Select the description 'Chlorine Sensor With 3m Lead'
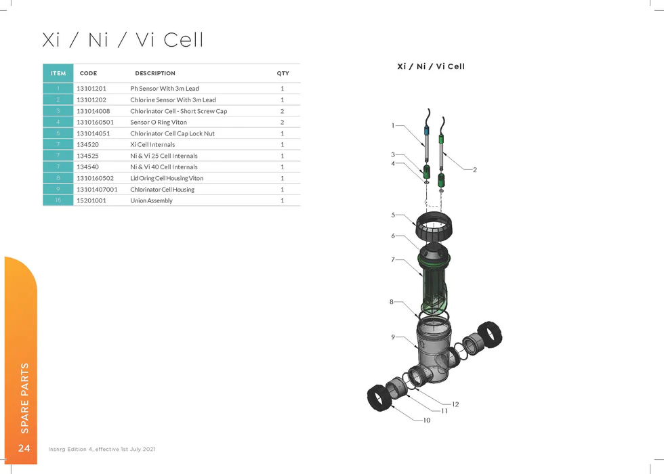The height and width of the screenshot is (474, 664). click(173, 100)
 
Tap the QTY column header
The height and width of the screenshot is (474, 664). click(283, 73)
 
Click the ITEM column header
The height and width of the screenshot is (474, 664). click(58, 73)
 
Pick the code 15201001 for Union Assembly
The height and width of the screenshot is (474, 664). click(91, 200)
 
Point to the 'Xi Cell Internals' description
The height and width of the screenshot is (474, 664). click(152, 144)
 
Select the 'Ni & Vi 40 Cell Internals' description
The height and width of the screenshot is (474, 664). click(164, 167)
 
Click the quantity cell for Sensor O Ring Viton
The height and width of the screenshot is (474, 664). click(282, 122)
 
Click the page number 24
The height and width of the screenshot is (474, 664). click(24, 448)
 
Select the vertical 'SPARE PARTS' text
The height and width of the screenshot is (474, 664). click(24, 398)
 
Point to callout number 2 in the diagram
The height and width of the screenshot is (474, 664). click(475, 169)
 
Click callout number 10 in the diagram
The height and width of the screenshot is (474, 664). click(426, 421)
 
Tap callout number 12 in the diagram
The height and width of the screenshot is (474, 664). click(455, 404)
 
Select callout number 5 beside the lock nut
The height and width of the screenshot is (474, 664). click(393, 215)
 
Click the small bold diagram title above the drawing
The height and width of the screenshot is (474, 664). click(430, 66)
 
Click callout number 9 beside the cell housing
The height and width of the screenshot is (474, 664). click(393, 337)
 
